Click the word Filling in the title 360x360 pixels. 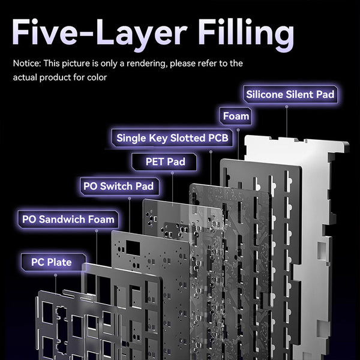[246, 34]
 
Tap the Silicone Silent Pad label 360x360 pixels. [290, 94]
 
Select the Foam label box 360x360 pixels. [236, 116]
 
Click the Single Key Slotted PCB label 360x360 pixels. [172, 138]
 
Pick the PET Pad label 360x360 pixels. [164, 161]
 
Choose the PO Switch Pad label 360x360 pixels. [119, 186]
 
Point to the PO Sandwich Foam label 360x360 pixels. [68, 219]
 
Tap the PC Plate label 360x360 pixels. [53, 262]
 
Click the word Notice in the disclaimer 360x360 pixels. [27, 64]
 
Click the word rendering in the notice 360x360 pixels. [147, 64]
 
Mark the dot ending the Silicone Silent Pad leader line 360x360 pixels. [287, 107]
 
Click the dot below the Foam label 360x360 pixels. [238, 130]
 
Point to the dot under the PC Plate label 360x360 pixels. [55, 275]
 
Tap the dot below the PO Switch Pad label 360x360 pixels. [130, 199]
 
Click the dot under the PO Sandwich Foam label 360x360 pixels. [97, 231]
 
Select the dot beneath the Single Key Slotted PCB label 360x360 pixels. [211, 152]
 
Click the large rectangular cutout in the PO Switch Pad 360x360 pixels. [133, 248]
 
